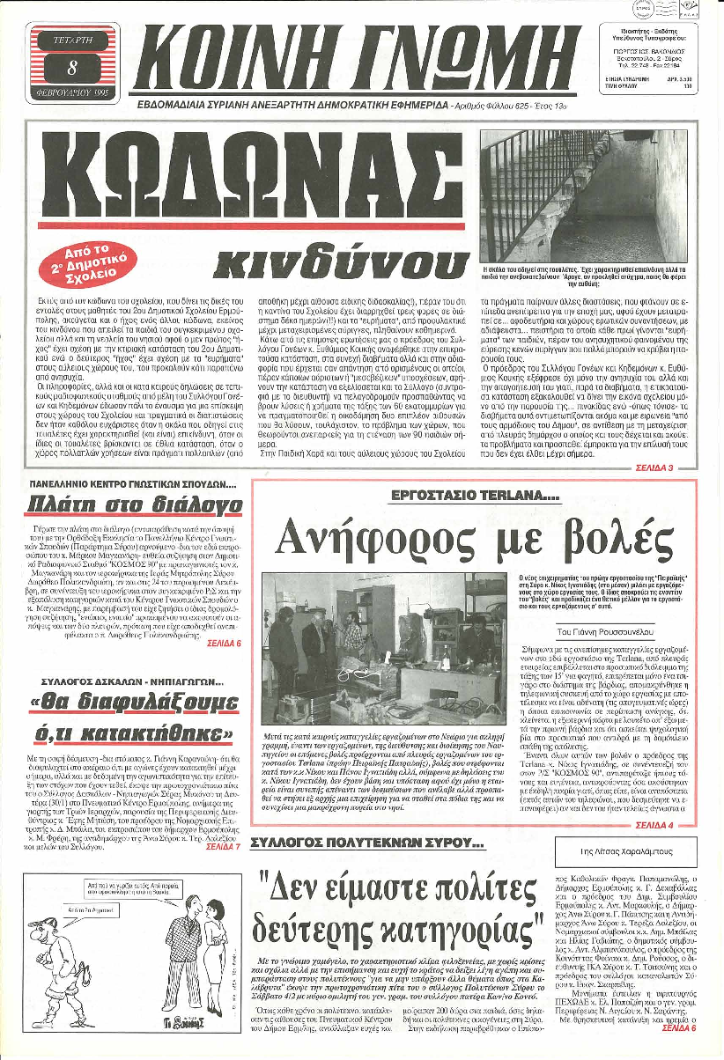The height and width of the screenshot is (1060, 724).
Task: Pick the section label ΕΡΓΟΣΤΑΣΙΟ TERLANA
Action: coord(463,497)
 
